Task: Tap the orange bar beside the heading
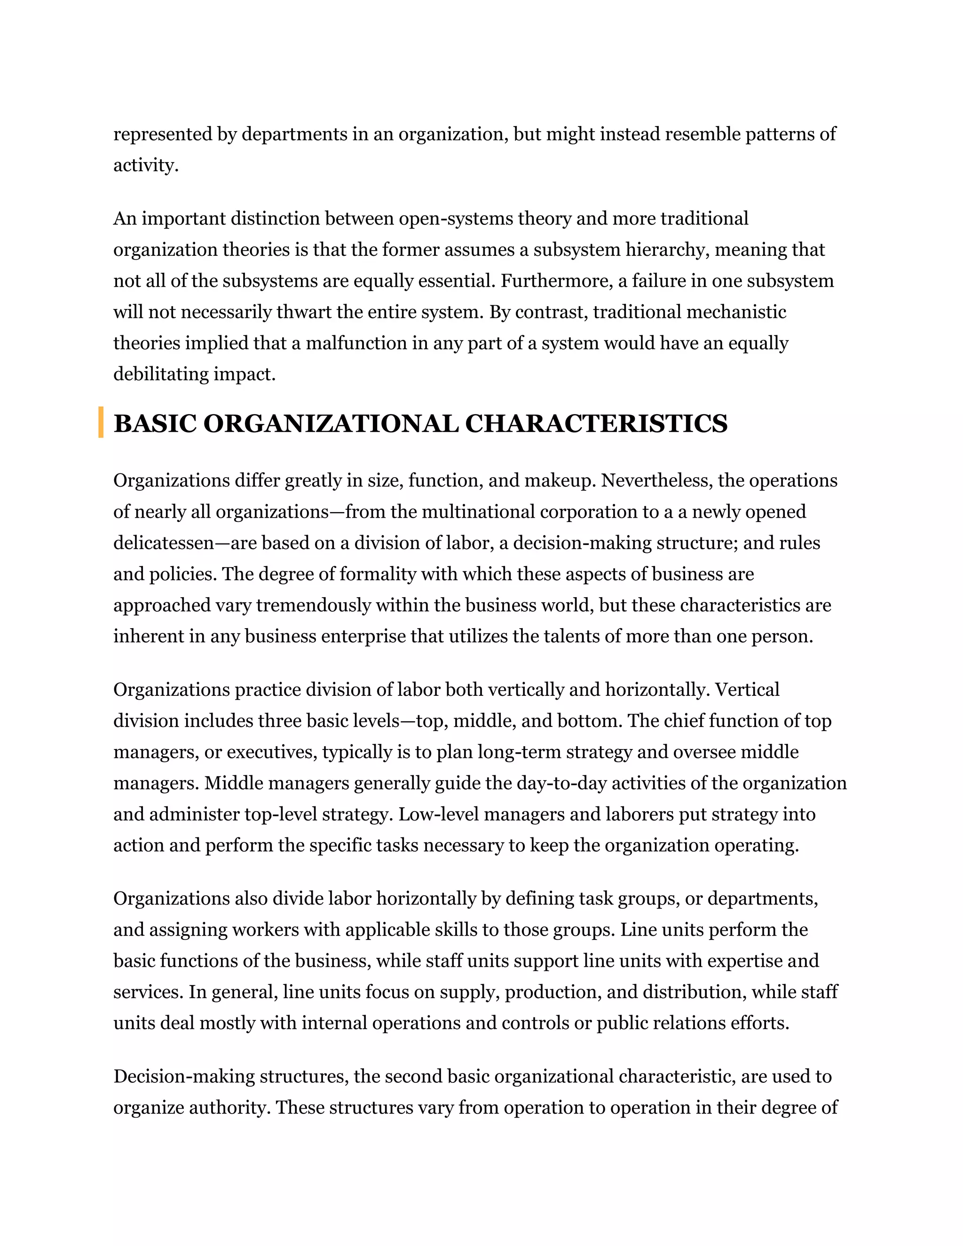click(x=101, y=422)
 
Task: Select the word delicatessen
click(x=163, y=543)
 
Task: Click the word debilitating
click(x=161, y=374)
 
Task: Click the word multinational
click(x=478, y=512)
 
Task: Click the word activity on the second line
click(x=145, y=166)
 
